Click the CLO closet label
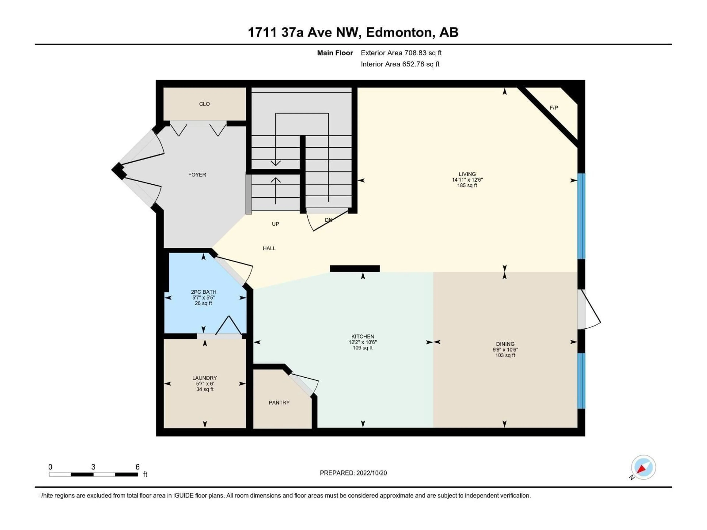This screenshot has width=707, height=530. point(204,104)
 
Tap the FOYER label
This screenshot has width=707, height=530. point(197,175)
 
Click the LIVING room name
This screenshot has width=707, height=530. point(467,174)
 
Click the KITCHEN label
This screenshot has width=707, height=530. point(363,336)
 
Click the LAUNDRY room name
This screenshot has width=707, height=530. point(205,378)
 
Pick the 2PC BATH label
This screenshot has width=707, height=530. point(204,292)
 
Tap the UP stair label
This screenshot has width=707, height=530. point(275,224)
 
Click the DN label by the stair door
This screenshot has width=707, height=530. point(328,220)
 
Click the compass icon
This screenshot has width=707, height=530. point(643,467)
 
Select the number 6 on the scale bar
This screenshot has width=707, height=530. point(137,467)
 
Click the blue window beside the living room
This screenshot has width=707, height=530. point(581,216)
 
